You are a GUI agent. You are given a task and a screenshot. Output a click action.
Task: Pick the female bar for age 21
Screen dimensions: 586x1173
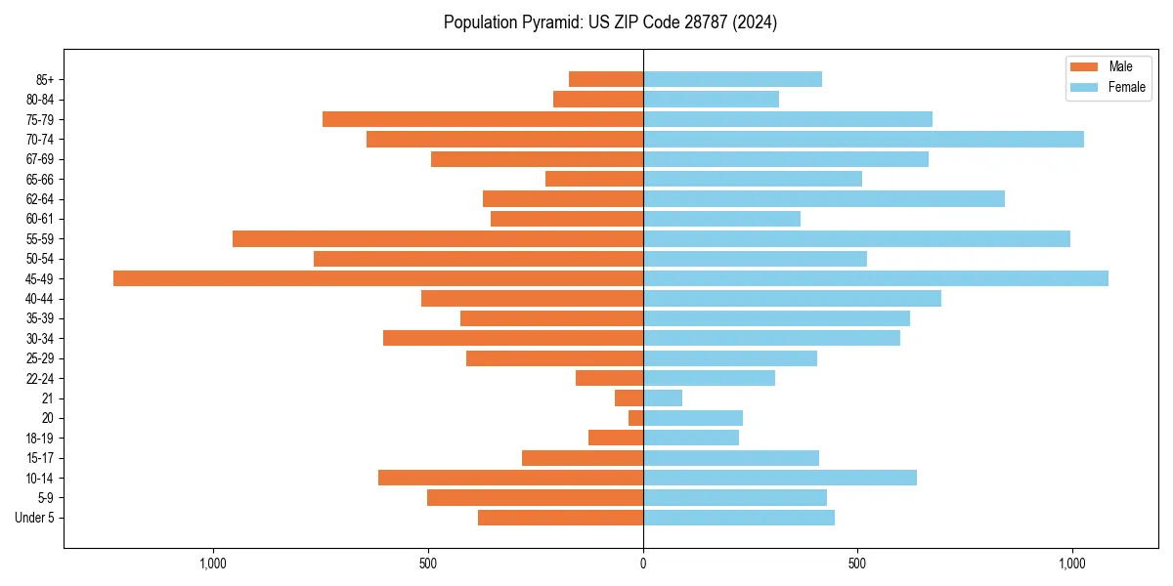tap(663, 398)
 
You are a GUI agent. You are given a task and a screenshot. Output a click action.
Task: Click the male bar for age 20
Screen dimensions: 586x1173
tap(635, 418)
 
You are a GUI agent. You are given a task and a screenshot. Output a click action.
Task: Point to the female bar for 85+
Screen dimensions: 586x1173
tap(732, 79)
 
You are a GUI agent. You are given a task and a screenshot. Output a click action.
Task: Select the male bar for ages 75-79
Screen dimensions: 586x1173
tap(483, 119)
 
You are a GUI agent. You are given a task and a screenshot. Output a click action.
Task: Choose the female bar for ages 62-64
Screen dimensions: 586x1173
tap(824, 199)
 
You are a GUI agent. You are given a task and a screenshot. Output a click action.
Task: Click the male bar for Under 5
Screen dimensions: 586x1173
tap(560, 518)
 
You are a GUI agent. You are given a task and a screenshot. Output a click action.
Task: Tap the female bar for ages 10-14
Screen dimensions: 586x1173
tap(780, 478)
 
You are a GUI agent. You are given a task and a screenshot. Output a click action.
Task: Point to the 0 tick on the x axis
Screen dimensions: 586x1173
tap(643, 564)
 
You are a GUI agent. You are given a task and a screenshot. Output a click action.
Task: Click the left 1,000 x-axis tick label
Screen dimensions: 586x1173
tap(213, 564)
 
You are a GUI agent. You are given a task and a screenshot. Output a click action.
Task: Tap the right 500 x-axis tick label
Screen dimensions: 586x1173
tap(857, 564)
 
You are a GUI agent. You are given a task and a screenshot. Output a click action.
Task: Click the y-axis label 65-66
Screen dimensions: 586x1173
tap(40, 180)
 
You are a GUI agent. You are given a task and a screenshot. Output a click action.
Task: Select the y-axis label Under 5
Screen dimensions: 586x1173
tap(34, 518)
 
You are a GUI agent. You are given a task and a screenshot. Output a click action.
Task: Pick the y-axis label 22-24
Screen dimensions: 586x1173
tap(40, 379)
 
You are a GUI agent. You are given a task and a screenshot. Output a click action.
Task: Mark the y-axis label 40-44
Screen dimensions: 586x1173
tap(40, 299)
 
